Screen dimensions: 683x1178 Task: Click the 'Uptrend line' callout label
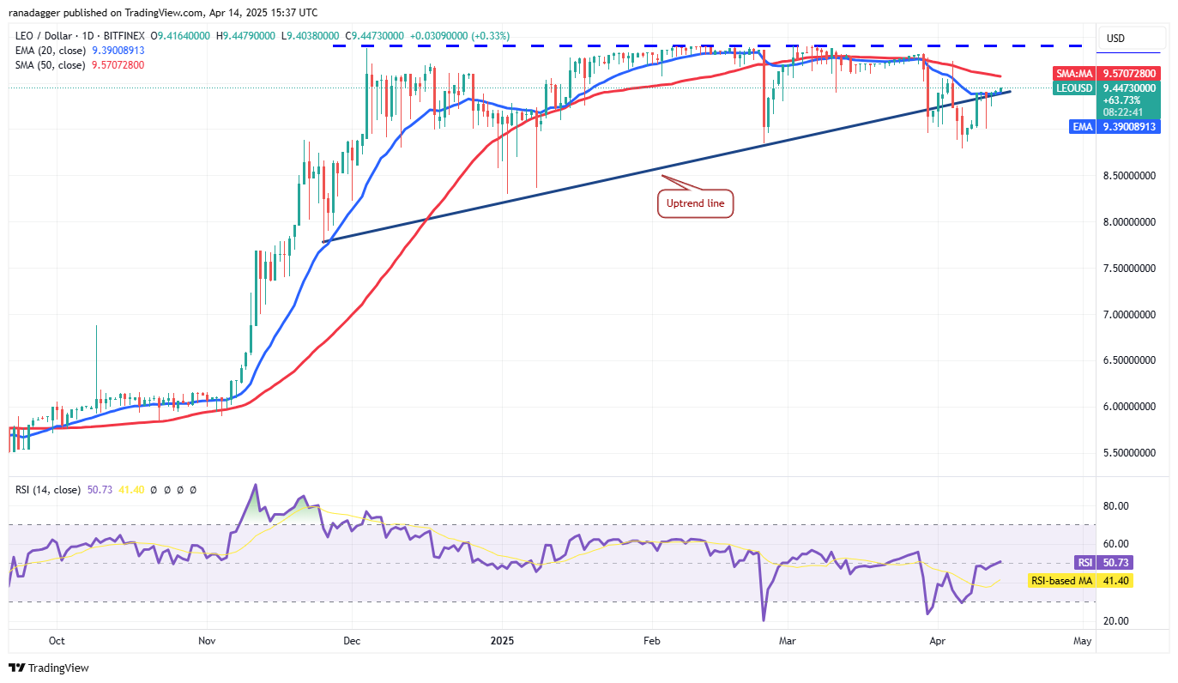pos(695,204)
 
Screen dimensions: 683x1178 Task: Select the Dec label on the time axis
pos(352,640)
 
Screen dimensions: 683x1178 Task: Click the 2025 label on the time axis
pos(503,640)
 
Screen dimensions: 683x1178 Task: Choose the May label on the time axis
pos(1082,640)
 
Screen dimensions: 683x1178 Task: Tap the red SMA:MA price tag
pos(1107,74)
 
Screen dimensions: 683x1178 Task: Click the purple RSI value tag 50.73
pos(1107,563)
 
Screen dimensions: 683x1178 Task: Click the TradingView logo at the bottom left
pos(50,668)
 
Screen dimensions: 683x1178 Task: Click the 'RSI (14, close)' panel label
pos(47,490)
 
